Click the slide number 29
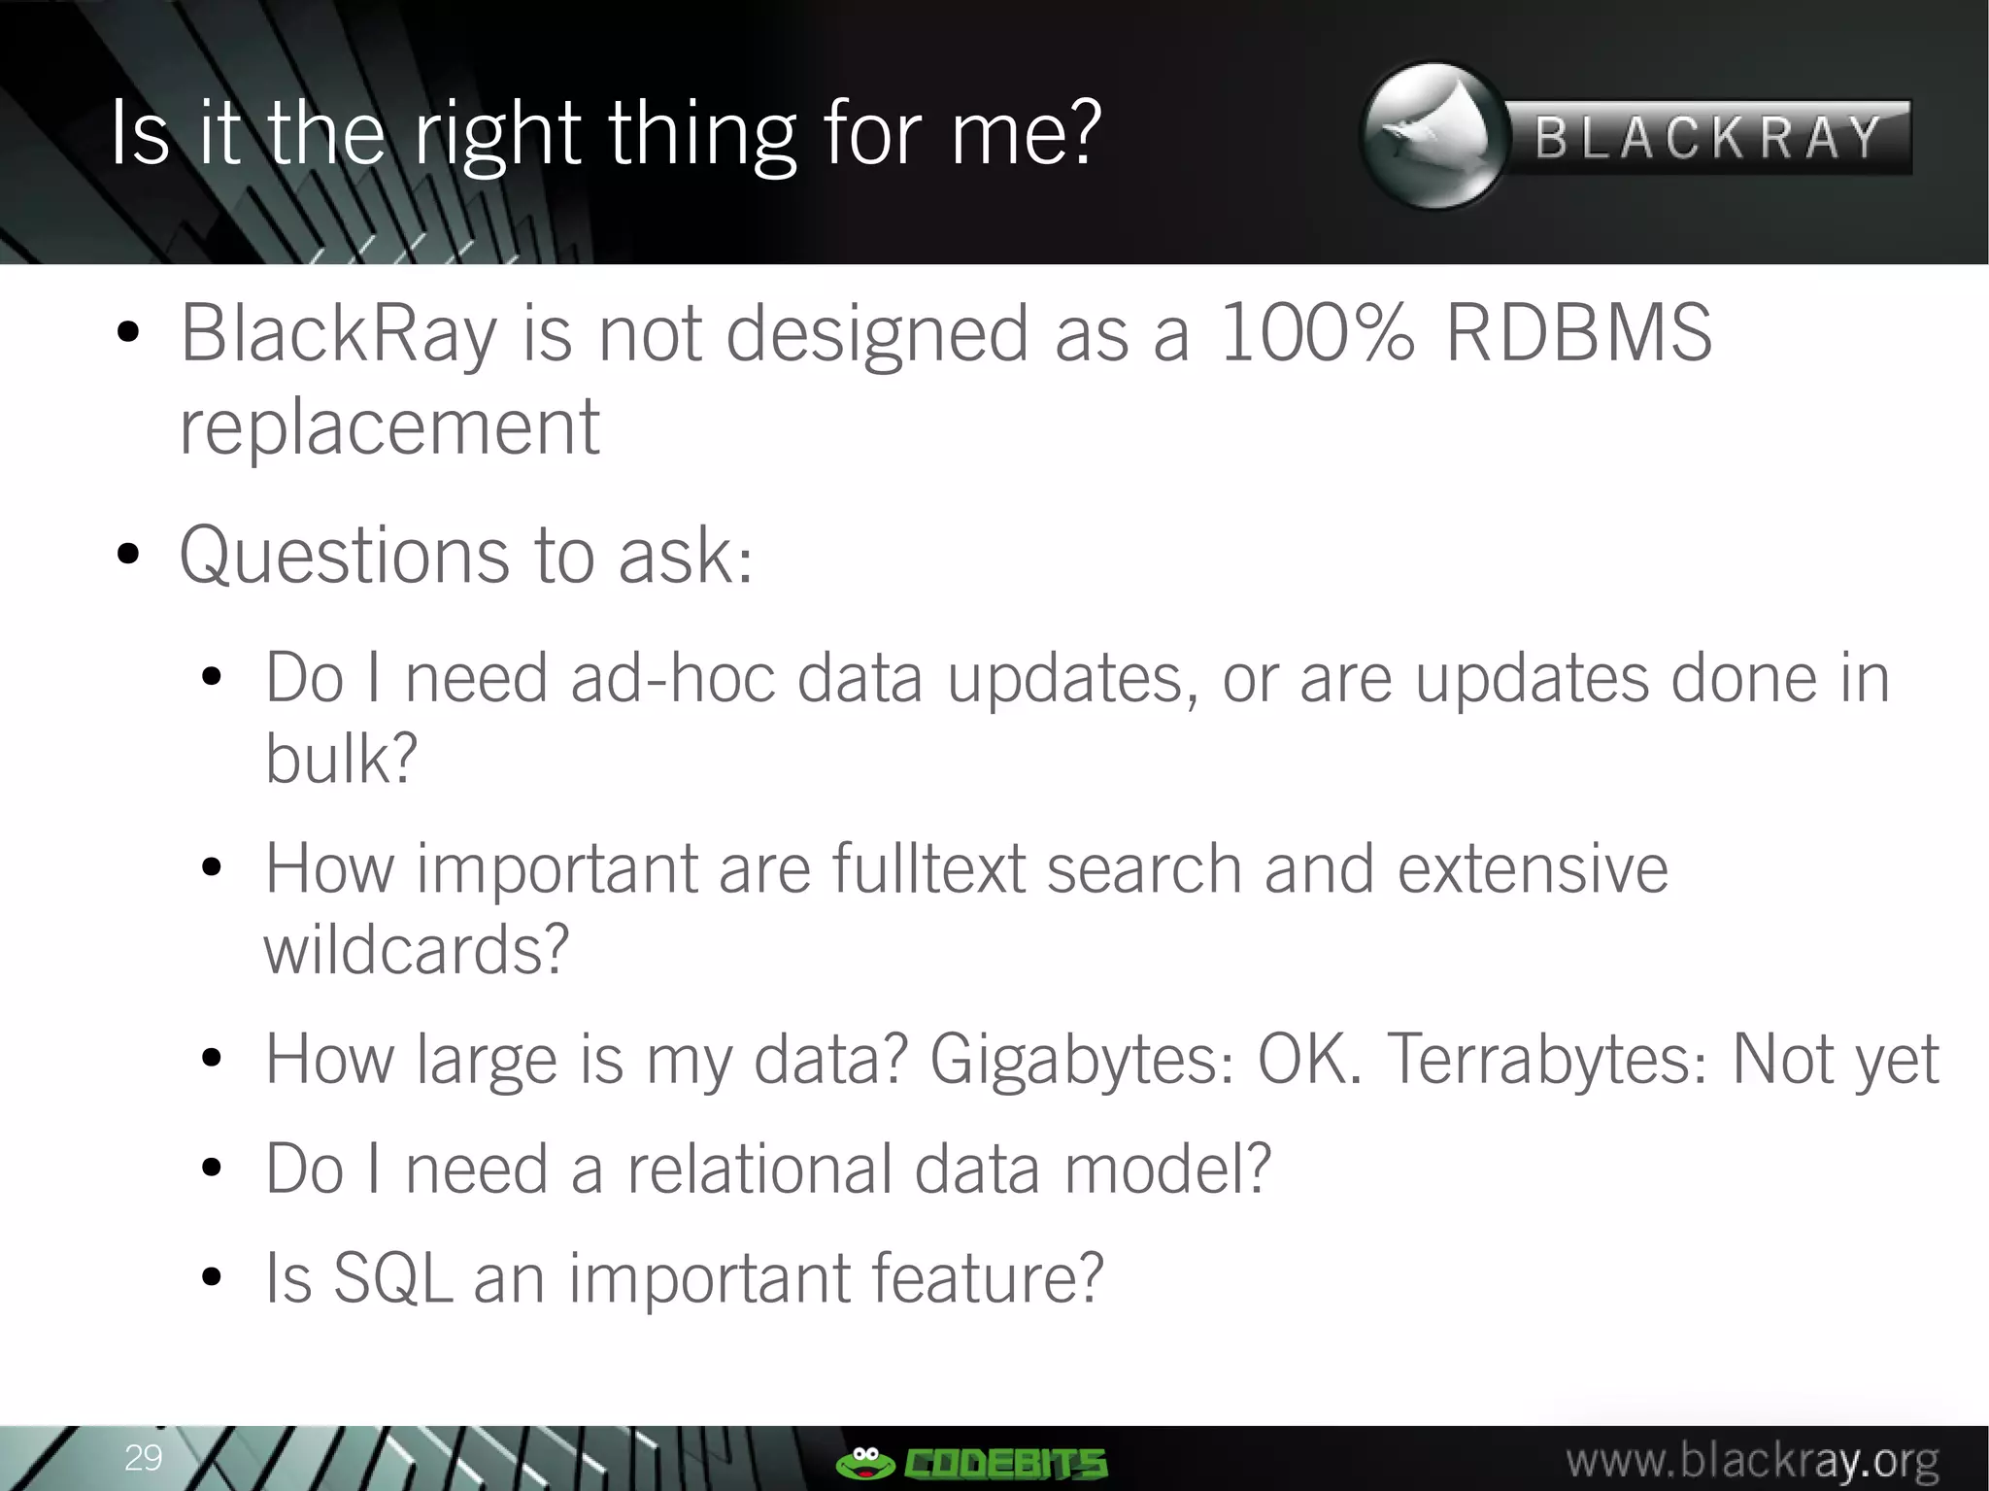click(x=143, y=1457)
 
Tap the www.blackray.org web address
click(x=1752, y=1460)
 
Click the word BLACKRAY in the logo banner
click(x=1708, y=138)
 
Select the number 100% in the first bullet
click(x=1316, y=333)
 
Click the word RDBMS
click(x=1579, y=333)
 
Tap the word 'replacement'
click(x=389, y=426)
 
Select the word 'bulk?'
click(x=341, y=759)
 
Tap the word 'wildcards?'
click(x=416, y=949)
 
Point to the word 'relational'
click(x=759, y=1169)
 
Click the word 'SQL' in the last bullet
click(x=392, y=1278)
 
